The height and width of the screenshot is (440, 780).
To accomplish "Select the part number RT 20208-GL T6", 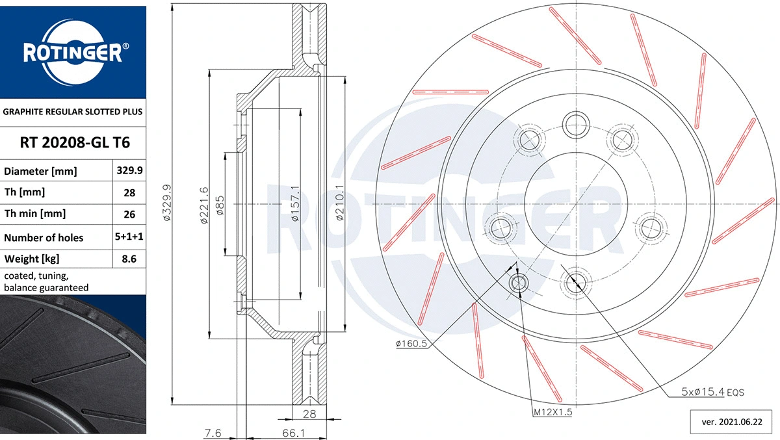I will [73, 143].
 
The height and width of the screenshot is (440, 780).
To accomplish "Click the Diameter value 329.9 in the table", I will [129, 172].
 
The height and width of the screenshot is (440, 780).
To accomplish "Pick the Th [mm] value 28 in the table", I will [129, 193].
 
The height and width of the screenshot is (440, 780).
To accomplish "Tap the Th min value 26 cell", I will [129, 214].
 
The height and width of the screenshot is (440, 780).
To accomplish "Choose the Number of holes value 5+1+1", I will [129, 237].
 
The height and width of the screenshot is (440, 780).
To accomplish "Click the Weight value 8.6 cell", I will [129, 259].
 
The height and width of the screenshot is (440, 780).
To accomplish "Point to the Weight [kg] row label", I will [32, 259].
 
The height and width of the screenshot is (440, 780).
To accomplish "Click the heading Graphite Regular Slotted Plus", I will [73, 112].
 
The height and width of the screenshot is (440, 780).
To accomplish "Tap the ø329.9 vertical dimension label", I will [167, 204].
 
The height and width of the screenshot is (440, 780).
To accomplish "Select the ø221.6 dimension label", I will [203, 206].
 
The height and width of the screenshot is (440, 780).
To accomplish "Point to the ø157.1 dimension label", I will [295, 204].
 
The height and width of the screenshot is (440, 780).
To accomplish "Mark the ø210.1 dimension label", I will [339, 204].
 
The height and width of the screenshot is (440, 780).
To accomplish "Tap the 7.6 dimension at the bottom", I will [213, 432].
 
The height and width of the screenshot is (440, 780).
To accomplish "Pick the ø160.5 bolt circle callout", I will [411, 344].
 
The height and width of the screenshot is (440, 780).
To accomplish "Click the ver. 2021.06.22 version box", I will [731, 422].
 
